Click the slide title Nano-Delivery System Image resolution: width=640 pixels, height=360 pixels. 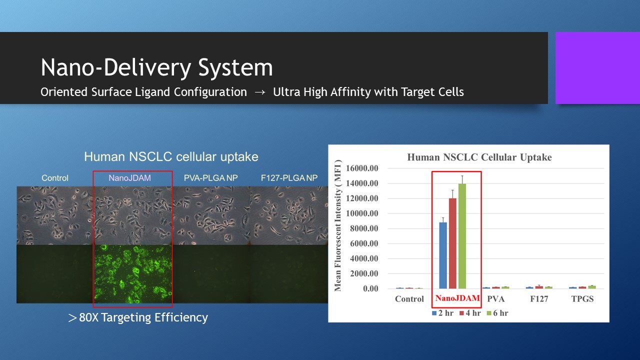click(x=156, y=67)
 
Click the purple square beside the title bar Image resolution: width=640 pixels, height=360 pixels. click(x=597, y=67)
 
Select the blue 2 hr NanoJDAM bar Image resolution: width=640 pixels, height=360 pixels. click(x=443, y=255)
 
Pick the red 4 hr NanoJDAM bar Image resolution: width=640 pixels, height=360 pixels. click(x=452, y=243)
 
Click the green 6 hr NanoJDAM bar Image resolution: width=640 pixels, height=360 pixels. click(x=462, y=236)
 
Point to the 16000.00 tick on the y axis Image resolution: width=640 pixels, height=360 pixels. click(x=362, y=168)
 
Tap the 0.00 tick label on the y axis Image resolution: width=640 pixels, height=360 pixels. click(x=370, y=288)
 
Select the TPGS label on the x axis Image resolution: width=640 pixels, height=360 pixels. click(x=582, y=299)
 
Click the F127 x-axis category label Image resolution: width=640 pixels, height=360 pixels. click(x=539, y=299)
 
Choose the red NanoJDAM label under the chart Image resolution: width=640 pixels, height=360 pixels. click(x=457, y=298)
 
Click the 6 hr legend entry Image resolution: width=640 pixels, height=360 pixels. click(x=497, y=313)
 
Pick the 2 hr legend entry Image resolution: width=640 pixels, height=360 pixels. click(x=442, y=313)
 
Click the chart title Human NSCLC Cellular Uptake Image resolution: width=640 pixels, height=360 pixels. click(x=479, y=157)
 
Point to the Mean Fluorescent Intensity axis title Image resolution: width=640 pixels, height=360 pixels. click(x=338, y=225)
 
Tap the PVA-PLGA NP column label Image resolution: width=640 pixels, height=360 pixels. click(x=211, y=178)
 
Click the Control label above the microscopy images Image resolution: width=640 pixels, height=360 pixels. click(x=55, y=178)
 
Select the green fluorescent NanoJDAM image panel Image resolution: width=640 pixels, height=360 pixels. click(x=133, y=273)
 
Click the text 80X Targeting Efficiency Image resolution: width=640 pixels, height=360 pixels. click(x=138, y=317)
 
